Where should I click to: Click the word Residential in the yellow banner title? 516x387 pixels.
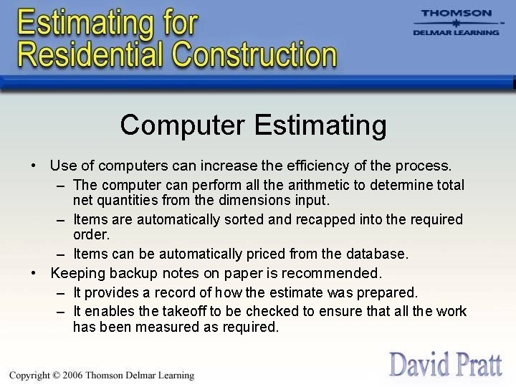coord(87,54)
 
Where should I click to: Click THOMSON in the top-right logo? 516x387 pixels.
coord(457,13)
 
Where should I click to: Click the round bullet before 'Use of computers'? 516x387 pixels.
coord(34,166)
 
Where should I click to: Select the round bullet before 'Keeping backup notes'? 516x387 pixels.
coord(34,273)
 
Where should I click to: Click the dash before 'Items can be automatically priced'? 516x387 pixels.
coord(61,254)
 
